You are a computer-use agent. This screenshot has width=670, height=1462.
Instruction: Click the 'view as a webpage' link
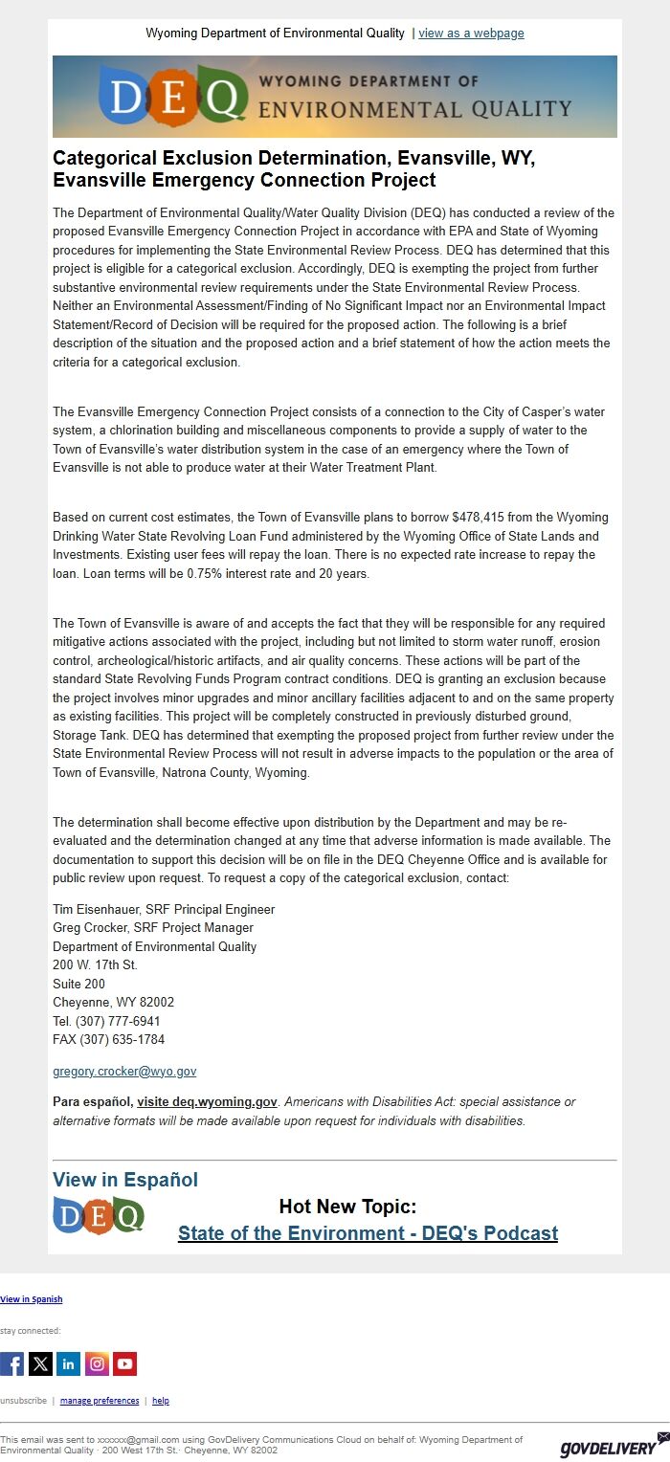[471, 33]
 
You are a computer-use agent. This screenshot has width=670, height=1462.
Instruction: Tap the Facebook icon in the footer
[11, 1363]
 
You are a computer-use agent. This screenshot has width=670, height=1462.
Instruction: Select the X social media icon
[40, 1363]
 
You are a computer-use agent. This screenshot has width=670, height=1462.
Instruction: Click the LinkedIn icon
[69, 1363]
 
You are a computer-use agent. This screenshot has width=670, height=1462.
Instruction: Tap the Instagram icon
[97, 1363]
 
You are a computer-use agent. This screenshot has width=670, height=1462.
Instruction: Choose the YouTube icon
[125, 1363]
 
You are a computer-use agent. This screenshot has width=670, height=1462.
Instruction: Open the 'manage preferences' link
[100, 1401]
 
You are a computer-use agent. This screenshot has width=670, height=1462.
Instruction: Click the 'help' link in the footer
[161, 1401]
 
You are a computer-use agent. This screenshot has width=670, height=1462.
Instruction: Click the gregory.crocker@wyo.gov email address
[124, 1072]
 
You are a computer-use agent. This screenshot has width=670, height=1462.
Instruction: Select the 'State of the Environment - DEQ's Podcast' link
[368, 1233]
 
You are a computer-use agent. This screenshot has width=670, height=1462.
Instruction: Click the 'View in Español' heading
[125, 1180]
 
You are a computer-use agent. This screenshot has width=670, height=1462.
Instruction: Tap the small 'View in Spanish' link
[32, 1299]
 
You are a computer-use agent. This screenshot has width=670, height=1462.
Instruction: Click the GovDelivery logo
[608, 1444]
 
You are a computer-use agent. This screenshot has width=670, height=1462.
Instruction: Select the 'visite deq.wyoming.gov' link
[207, 1102]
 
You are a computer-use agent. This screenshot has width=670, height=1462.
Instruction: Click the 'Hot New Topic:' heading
[347, 1207]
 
